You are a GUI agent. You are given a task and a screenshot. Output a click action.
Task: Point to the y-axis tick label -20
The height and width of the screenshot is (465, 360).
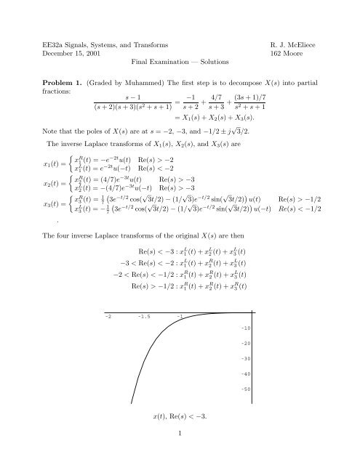pyautogui.click(x=245, y=363)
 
